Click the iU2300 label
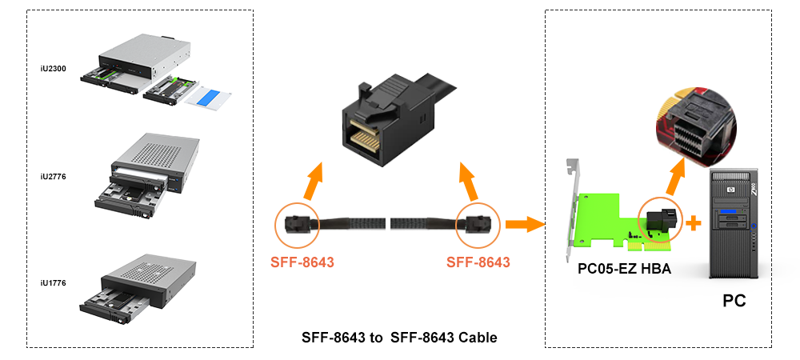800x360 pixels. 53,69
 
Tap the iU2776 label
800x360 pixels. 53,177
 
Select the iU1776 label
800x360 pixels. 53,282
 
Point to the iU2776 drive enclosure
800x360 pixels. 148,176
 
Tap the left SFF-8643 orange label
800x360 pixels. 302,262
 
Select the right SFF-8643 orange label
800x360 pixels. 478,262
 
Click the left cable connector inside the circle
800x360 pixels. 297,224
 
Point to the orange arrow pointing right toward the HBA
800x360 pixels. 525,224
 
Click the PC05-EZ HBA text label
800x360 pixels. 625,269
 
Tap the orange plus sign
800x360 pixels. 693,223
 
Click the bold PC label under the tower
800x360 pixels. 734,301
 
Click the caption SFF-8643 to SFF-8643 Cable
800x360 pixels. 399,338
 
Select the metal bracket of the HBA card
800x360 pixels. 573,209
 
